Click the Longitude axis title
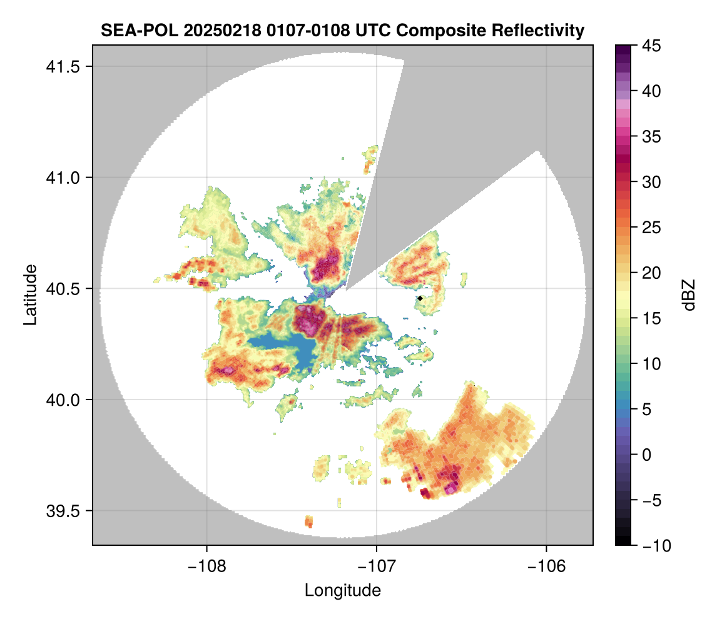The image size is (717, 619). point(343,590)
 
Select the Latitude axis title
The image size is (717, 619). point(30,294)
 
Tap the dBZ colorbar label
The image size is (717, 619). point(689,295)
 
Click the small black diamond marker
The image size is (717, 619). point(420,299)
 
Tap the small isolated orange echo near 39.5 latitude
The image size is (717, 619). point(308,521)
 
